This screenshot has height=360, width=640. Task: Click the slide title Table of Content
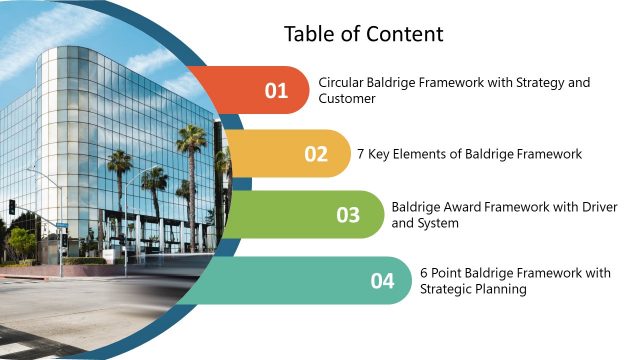pyautogui.click(x=363, y=34)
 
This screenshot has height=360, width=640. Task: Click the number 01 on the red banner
pyautogui.click(x=276, y=91)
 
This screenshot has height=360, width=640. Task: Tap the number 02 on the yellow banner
pyautogui.click(x=316, y=154)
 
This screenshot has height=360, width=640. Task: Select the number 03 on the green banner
pyautogui.click(x=348, y=215)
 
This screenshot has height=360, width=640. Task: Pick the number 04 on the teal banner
pyautogui.click(x=383, y=281)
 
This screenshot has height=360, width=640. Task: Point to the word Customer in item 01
pyautogui.click(x=347, y=99)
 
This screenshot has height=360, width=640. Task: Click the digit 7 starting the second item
pyautogui.click(x=361, y=154)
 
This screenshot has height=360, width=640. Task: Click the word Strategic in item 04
pyautogui.click(x=447, y=289)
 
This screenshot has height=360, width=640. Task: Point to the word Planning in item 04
pyautogui.click(x=502, y=289)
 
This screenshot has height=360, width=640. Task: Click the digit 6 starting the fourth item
pyautogui.click(x=424, y=272)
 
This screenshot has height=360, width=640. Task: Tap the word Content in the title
pyautogui.click(x=407, y=34)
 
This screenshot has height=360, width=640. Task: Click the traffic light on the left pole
pyautogui.click(x=12, y=207)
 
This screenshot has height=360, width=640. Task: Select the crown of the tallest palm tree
pyautogui.click(x=191, y=137)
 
